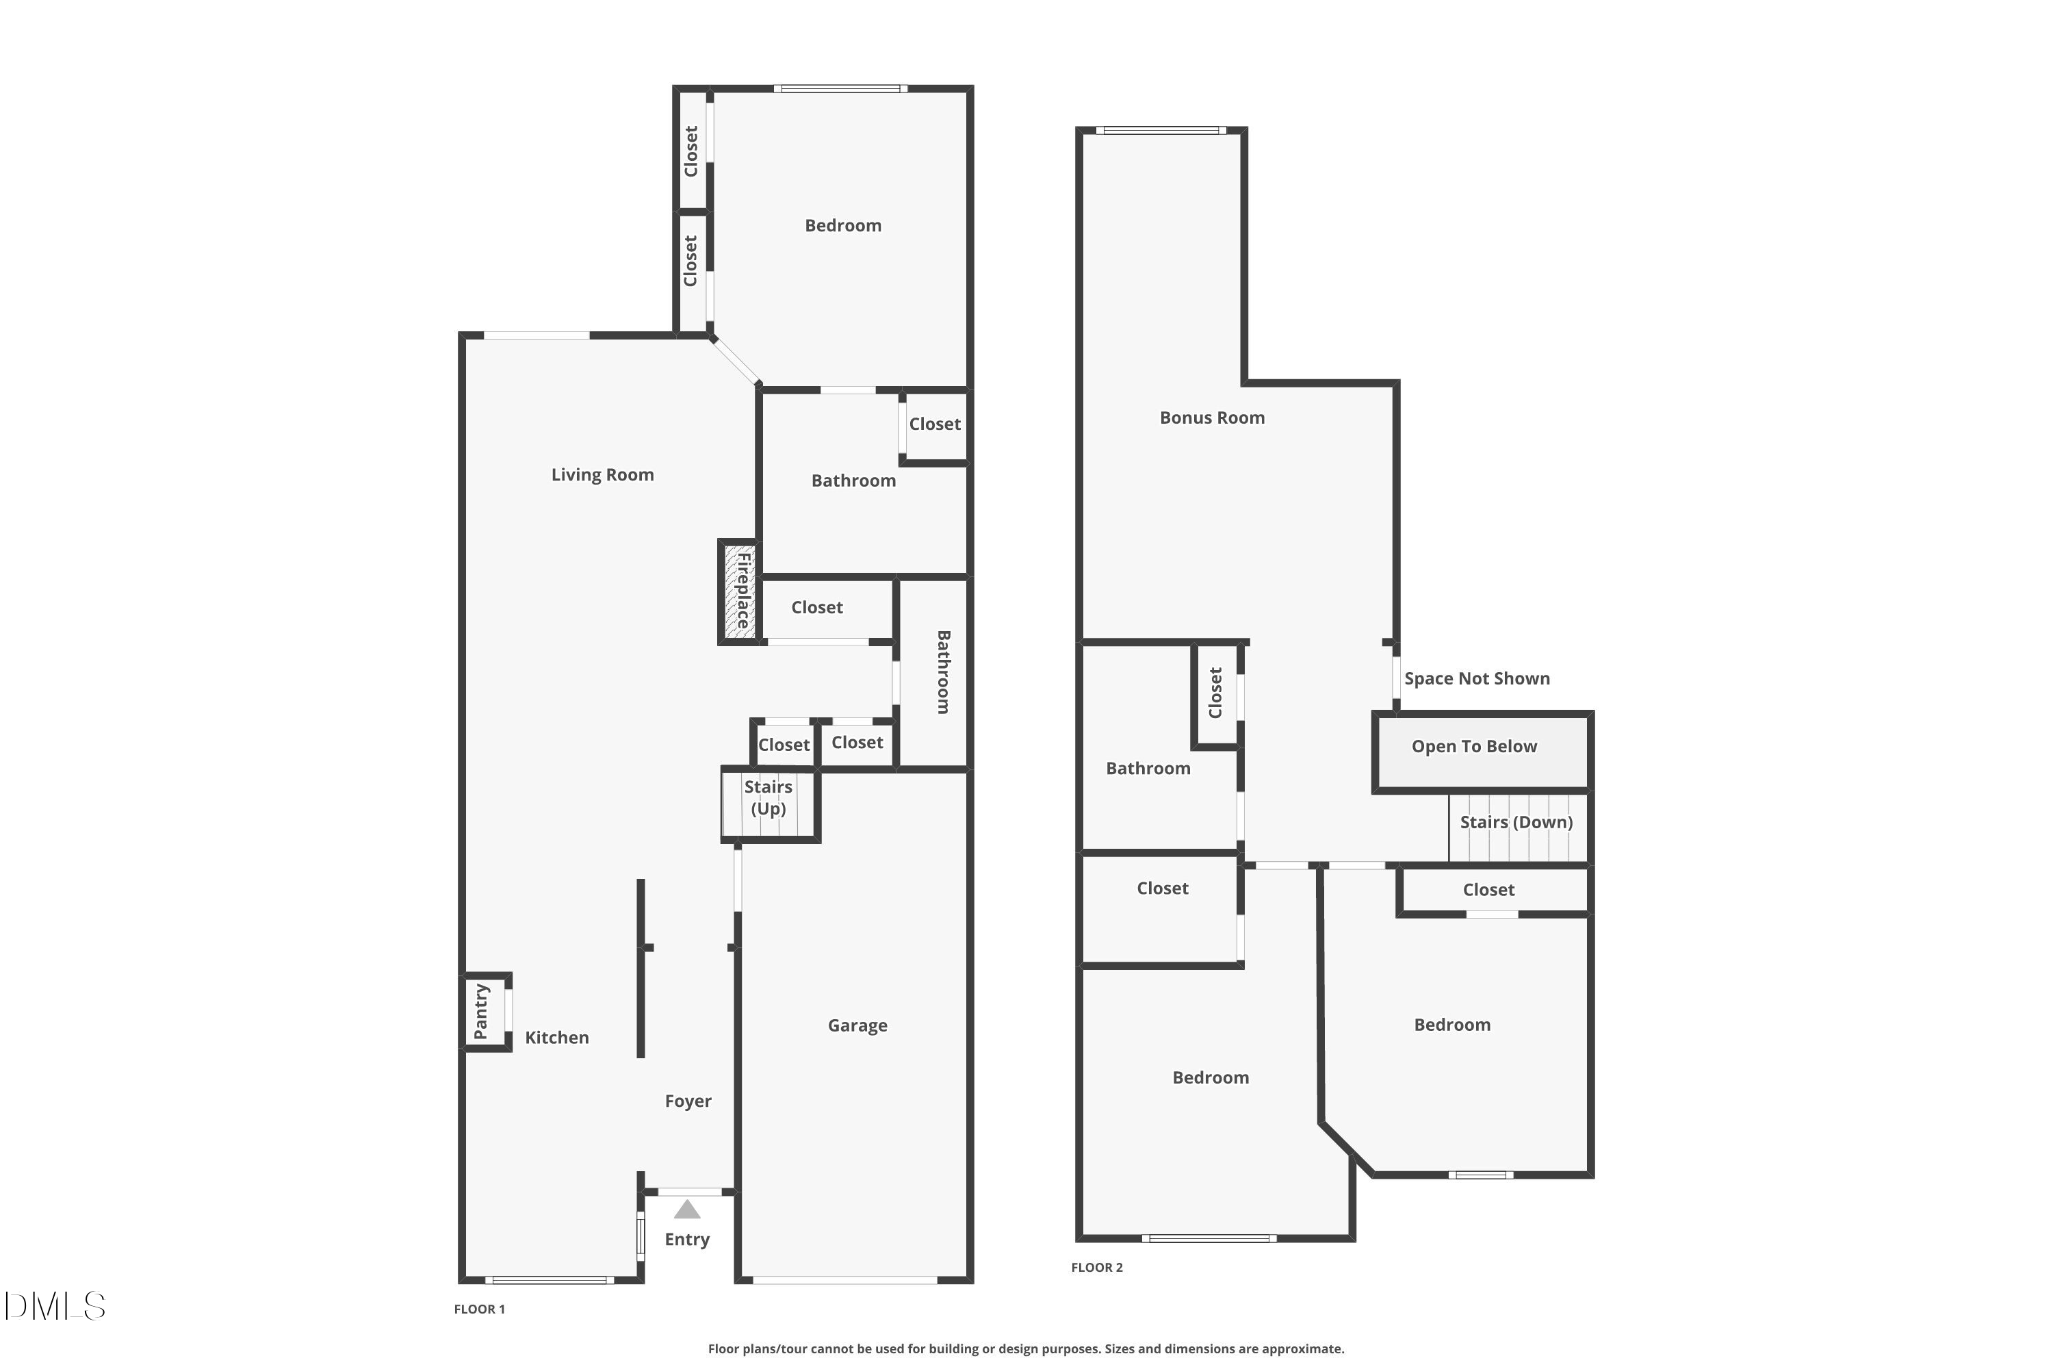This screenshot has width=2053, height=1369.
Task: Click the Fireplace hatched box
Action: (740, 593)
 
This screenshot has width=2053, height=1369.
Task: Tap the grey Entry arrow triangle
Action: (687, 1210)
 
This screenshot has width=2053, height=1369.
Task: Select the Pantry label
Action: (481, 1011)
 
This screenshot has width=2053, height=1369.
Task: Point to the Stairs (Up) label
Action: (768, 797)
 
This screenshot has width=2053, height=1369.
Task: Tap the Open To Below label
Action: (1473, 747)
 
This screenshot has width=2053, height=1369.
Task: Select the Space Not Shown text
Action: (1477, 678)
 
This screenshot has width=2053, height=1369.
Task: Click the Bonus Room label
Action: (1211, 418)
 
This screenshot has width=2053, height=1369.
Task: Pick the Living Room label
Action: (602, 474)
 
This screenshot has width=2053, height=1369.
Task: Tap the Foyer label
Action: (688, 1101)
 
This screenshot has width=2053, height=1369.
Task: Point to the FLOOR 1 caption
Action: (479, 1309)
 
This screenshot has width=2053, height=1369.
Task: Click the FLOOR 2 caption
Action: (1096, 1267)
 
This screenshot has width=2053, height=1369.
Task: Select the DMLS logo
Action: (55, 1306)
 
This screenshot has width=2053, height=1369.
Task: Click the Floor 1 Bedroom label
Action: (842, 225)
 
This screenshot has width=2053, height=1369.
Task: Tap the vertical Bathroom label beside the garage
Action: (943, 671)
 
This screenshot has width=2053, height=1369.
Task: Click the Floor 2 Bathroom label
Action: (1148, 768)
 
